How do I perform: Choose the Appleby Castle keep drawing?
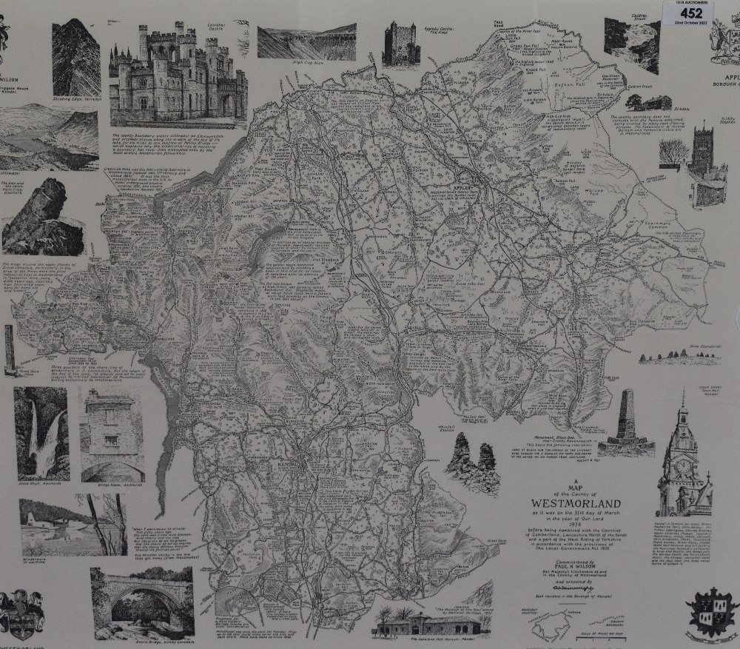(x=402, y=45)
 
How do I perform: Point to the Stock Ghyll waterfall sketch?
(x=41, y=433)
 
